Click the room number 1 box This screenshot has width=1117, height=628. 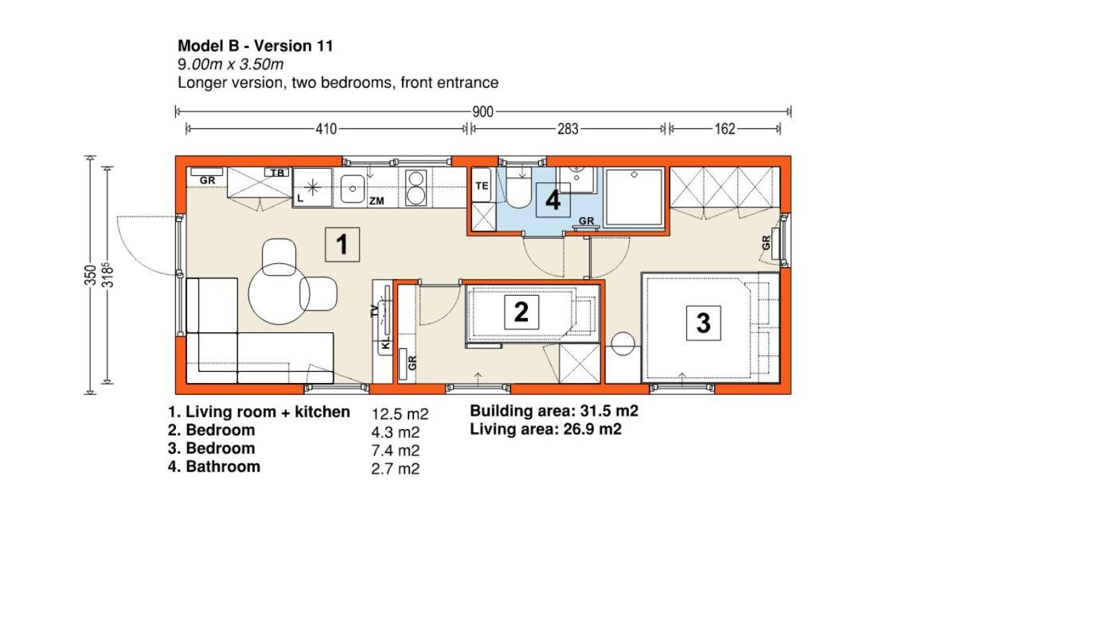342,244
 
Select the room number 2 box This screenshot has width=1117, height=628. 521,312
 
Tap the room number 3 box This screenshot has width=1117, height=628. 703,323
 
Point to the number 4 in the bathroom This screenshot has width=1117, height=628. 552,200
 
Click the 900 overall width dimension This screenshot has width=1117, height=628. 482,112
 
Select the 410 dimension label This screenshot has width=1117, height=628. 326,129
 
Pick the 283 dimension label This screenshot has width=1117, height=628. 568,129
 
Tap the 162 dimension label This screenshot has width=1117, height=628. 725,129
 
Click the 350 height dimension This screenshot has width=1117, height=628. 90,275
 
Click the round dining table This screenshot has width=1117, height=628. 279,294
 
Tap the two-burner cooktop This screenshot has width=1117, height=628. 415,188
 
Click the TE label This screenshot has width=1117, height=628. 482,186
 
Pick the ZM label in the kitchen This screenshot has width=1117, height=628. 376,201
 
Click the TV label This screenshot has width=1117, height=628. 375,311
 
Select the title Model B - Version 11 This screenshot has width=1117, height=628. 256,46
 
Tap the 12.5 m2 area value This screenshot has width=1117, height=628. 400,414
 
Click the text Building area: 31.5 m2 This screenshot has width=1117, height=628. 554,411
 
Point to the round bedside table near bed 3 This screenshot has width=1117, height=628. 623,344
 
